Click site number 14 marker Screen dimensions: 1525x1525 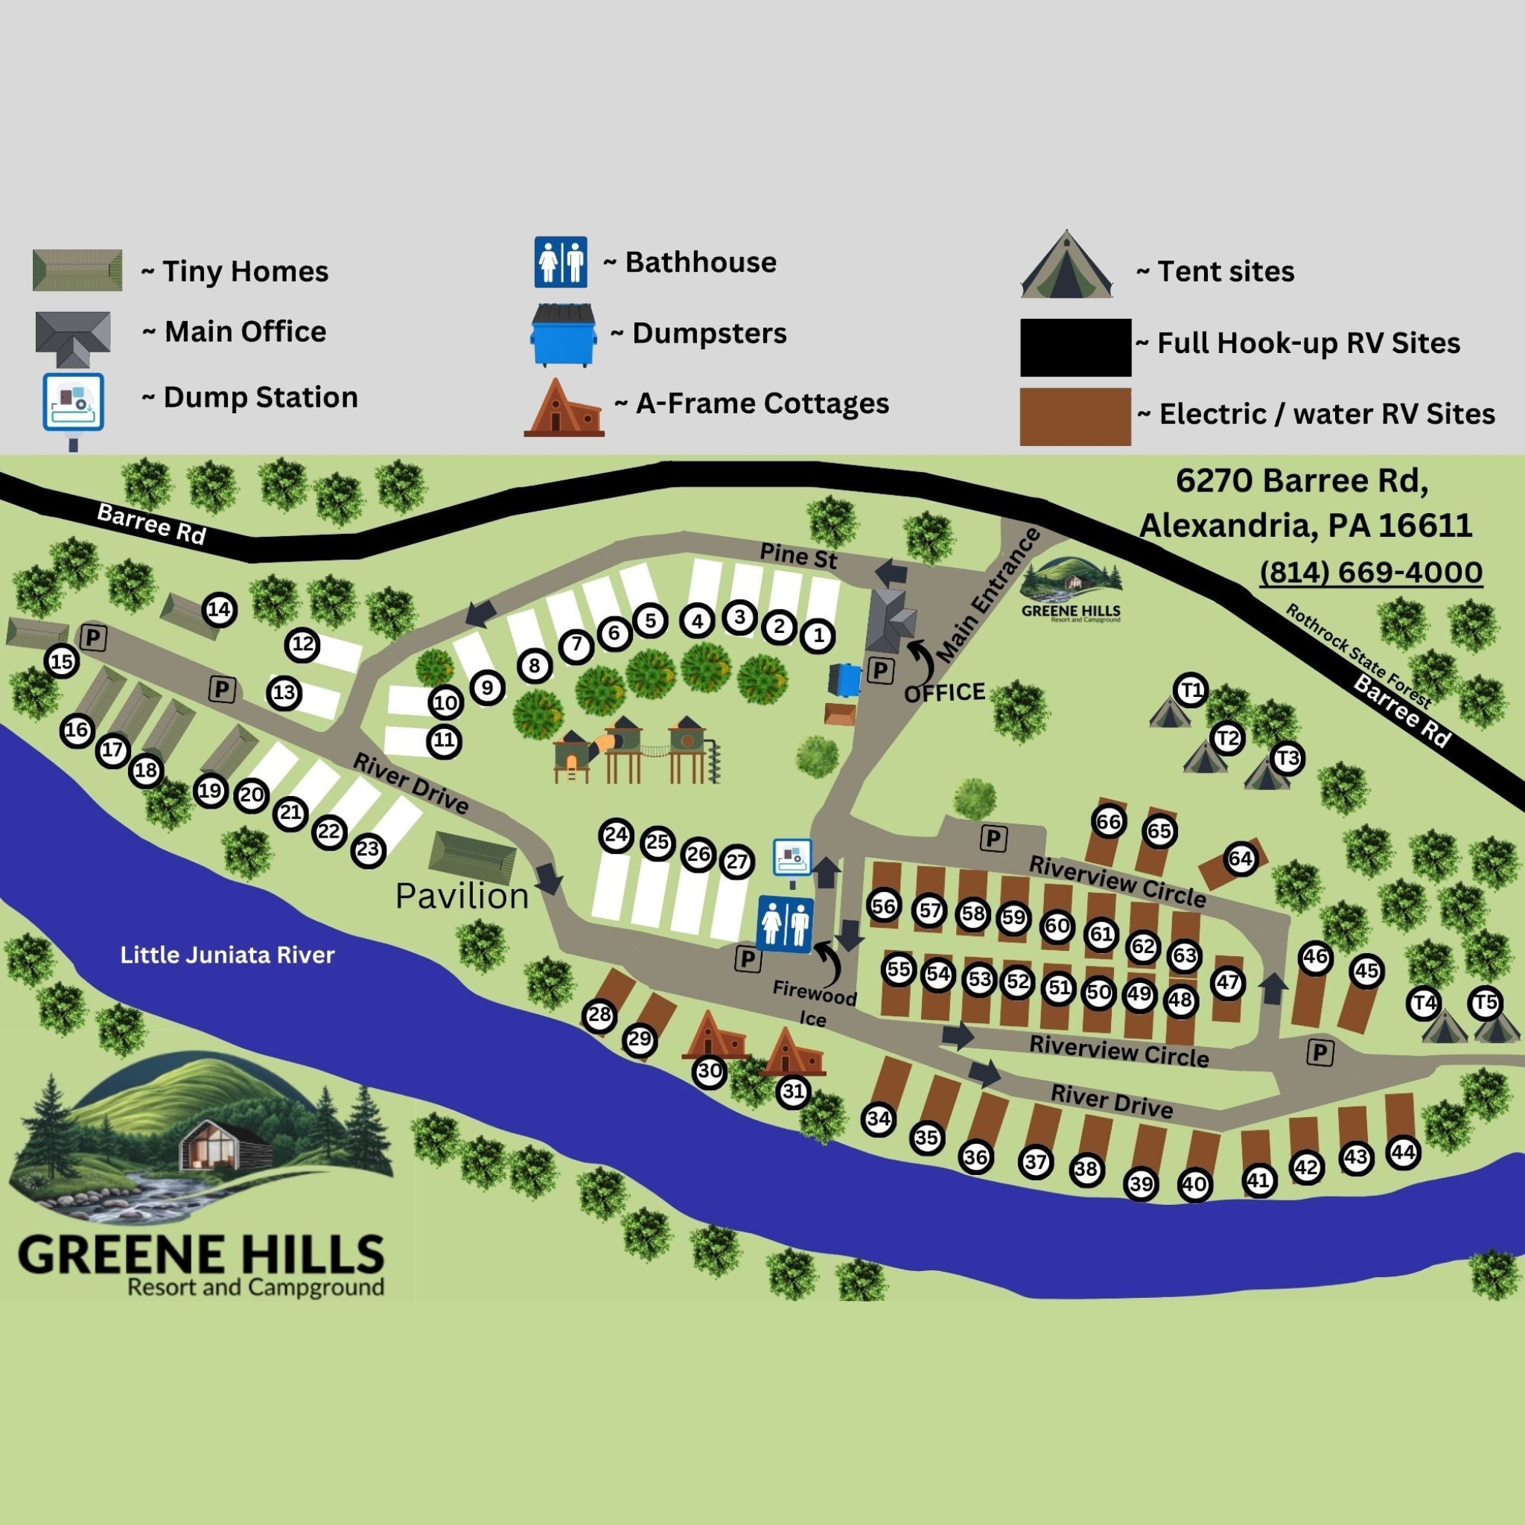pyautogui.click(x=219, y=609)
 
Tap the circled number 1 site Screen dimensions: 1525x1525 pyautogui.click(x=818, y=634)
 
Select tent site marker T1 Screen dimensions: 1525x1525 pyautogui.click(x=1191, y=690)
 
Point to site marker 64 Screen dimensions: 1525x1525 pyautogui.click(x=1240, y=859)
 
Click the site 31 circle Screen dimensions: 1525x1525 pyautogui.click(x=793, y=1092)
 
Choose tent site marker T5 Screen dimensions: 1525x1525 pyautogui.click(x=1485, y=1003)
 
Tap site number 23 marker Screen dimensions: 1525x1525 pyautogui.click(x=368, y=850)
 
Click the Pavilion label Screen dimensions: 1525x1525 pyautogui.click(x=462, y=896)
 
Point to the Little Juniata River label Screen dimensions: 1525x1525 pyautogui.click(x=227, y=955)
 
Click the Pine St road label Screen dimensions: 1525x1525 pyautogui.click(x=798, y=555)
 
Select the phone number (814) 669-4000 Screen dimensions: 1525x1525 pyautogui.click(x=1370, y=573)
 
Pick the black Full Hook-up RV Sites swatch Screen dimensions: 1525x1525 pyautogui.click(x=1075, y=347)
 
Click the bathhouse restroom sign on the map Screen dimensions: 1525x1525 pyautogui.click(x=786, y=923)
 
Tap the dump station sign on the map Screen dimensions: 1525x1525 pyautogui.click(x=792, y=856)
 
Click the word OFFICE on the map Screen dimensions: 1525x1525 pyautogui.click(x=945, y=693)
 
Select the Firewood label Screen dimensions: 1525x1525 pyautogui.click(x=815, y=992)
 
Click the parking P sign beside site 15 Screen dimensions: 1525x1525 pyautogui.click(x=93, y=637)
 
